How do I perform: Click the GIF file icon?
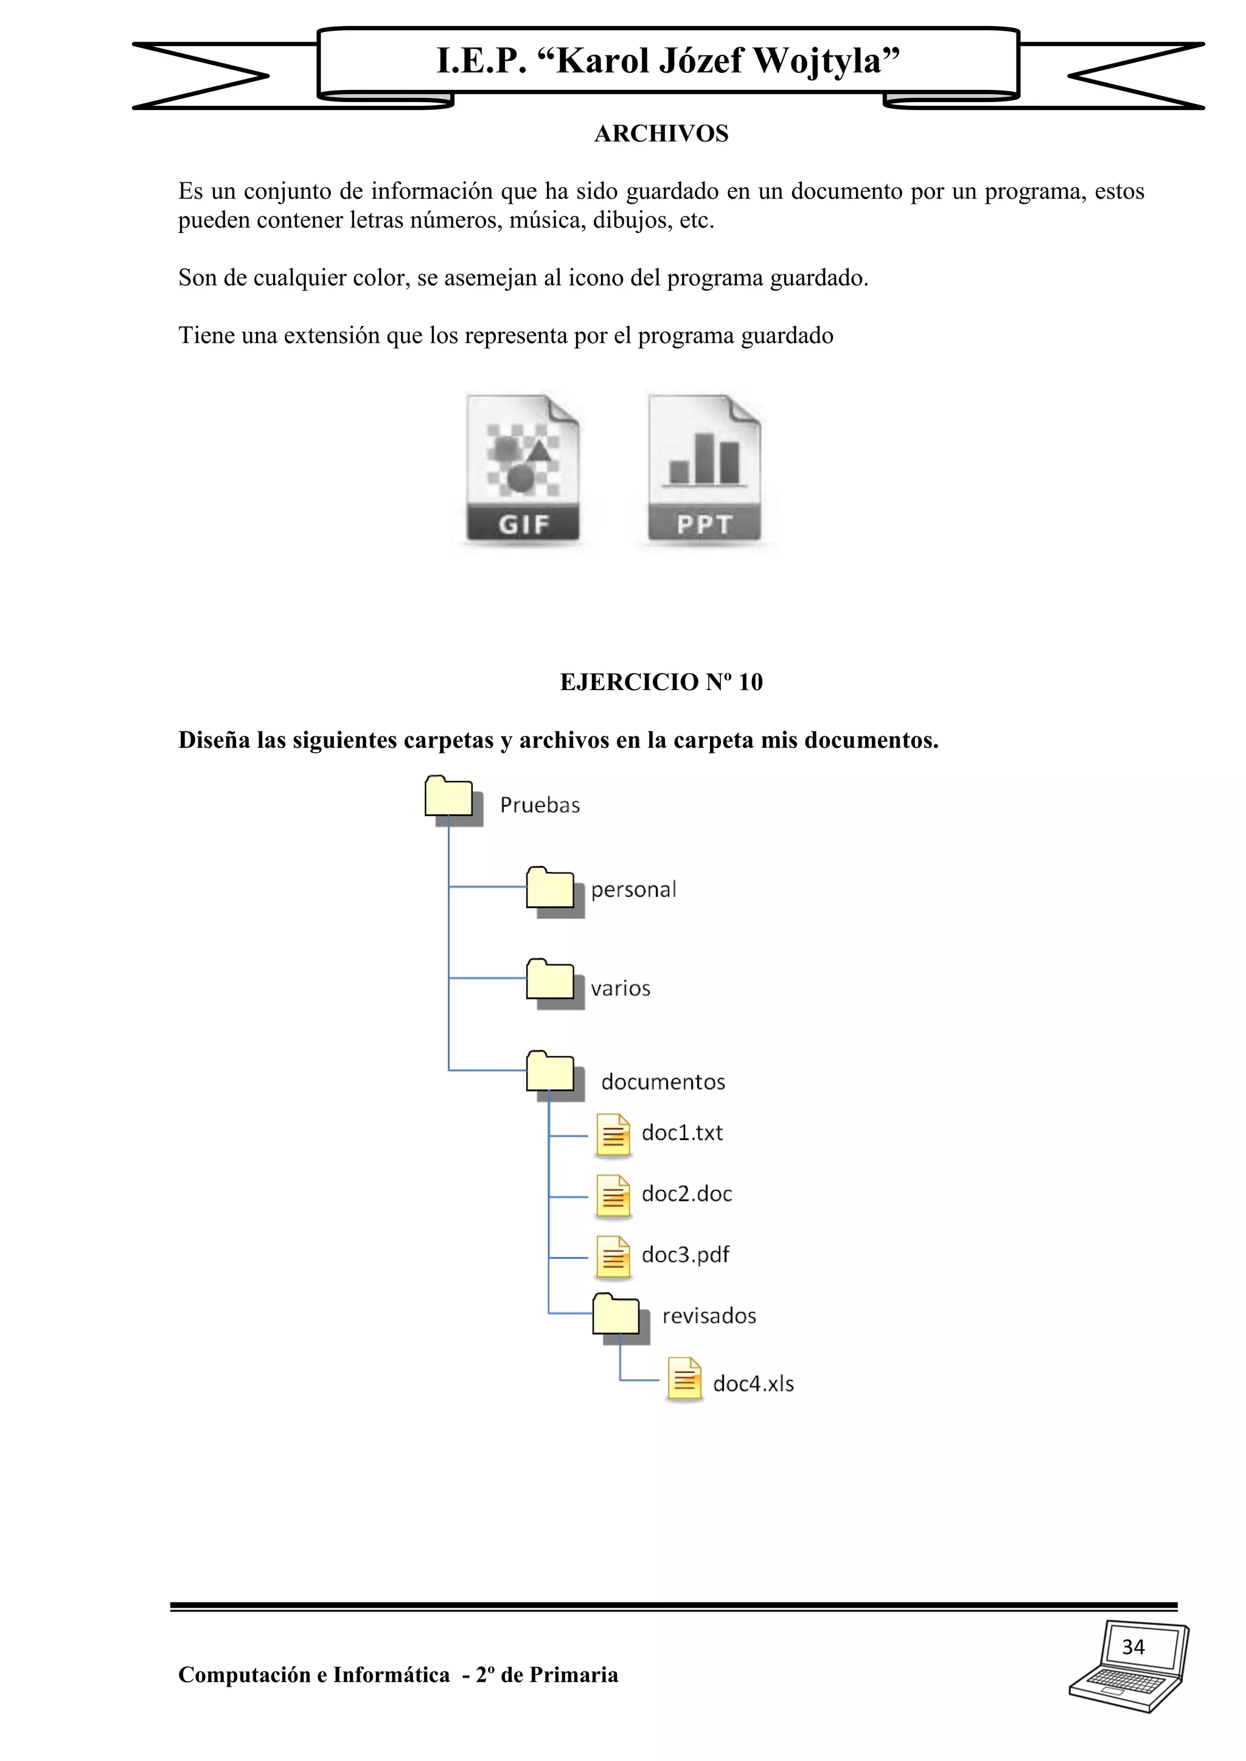[x=523, y=468]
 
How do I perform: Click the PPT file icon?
[x=705, y=468]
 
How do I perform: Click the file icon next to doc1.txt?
[x=613, y=1135]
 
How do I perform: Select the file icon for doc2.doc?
[x=613, y=1197]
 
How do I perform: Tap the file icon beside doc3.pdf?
[x=613, y=1258]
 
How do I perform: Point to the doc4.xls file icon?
[x=684, y=1379]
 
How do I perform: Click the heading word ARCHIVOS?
[x=661, y=133]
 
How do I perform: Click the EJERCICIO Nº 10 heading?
[x=661, y=682]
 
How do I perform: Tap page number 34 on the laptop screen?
[x=1133, y=1647]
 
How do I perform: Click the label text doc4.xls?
[x=753, y=1383]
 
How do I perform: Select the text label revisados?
[x=709, y=1316]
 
